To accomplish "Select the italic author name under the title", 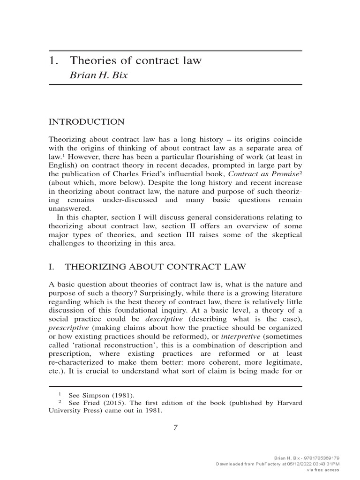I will pyautogui.click(x=98, y=75).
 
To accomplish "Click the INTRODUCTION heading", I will pyautogui.click(x=87, y=122).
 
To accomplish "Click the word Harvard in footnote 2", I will pyautogui.click(x=288, y=403).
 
